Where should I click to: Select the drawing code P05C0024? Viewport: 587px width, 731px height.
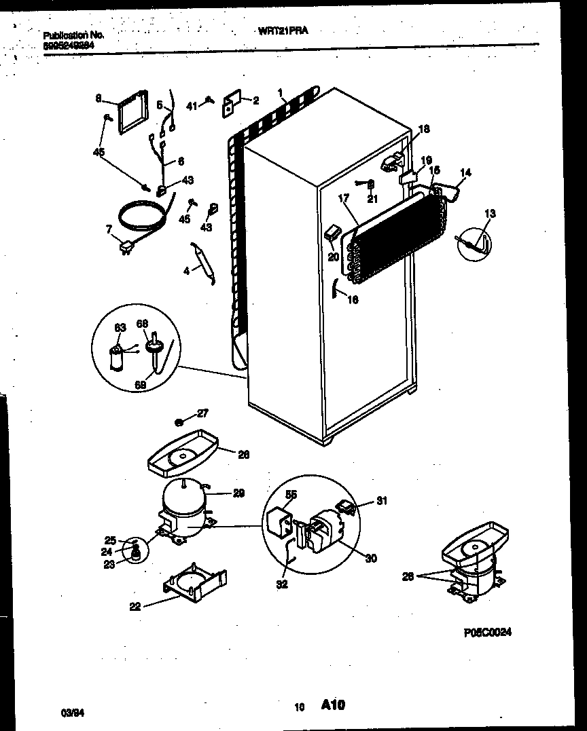pyautogui.click(x=487, y=632)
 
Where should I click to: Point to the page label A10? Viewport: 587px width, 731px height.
pyautogui.click(x=333, y=706)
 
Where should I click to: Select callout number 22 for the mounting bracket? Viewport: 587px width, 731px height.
pyautogui.click(x=135, y=607)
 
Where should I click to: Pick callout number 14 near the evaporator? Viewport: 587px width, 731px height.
pyautogui.click(x=465, y=173)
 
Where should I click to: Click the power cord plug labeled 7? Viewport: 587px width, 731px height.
pyautogui.click(x=126, y=248)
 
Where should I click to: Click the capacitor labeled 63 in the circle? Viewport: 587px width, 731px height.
pyautogui.click(x=118, y=356)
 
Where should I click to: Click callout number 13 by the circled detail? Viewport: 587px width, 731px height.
pyautogui.click(x=490, y=214)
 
